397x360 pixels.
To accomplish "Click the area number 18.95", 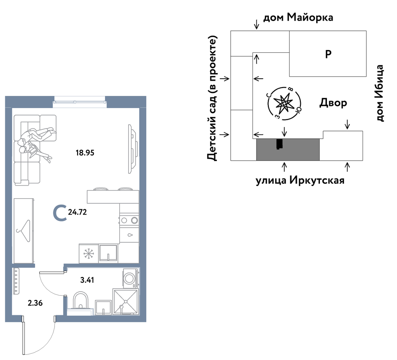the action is [x=85, y=153].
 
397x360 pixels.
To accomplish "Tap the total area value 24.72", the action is [x=77, y=212].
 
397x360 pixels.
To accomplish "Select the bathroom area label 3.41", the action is [x=87, y=280].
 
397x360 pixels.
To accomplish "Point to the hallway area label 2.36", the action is [x=35, y=303].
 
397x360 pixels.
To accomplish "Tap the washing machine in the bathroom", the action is [x=131, y=278].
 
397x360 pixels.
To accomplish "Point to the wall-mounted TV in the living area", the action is [x=133, y=149].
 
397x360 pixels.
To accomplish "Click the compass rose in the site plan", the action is [x=284, y=103].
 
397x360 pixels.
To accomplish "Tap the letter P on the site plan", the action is [x=328, y=54].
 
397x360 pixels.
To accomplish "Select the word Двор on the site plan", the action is [x=333, y=103].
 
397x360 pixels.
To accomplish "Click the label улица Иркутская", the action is [x=300, y=181].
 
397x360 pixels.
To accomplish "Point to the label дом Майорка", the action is [x=298, y=17].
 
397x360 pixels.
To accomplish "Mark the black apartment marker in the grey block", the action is [x=279, y=144].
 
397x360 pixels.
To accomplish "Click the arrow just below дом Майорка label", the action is [x=257, y=25].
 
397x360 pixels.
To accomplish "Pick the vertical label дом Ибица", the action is [x=379, y=93].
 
